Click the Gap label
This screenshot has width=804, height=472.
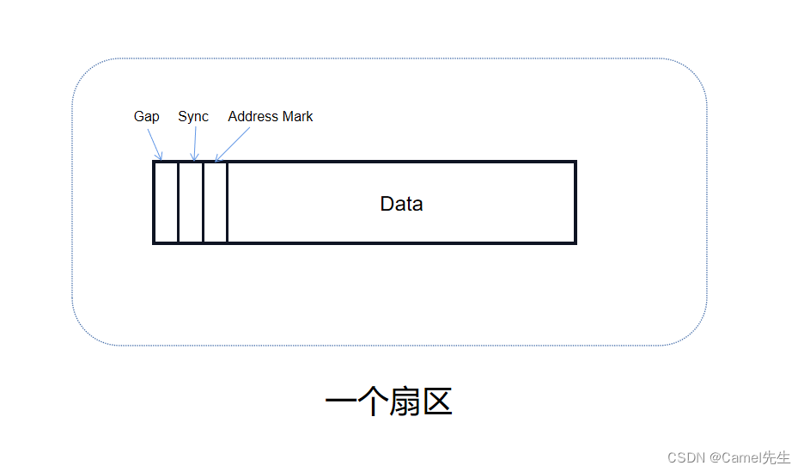tap(146, 116)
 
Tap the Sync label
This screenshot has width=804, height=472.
tap(193, 116)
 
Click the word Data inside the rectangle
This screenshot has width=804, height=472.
tap(401, 204)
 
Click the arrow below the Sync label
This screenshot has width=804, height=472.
tap(195, 143)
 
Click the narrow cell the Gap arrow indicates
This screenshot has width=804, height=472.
tap(166, 203)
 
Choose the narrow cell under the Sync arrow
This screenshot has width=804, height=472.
tap(191, 203)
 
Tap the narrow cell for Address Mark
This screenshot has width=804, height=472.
tap(216, 203)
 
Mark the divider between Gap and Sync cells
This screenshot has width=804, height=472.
tap(178, 203)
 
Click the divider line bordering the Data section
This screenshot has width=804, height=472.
tap(228, 203)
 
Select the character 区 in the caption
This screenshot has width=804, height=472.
tap(436, 402)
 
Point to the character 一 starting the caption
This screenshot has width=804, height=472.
tap(341, 402)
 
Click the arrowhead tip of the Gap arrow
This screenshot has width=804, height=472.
tap(161, 159)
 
